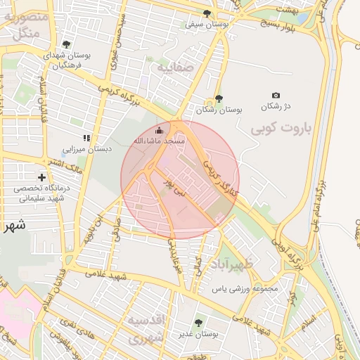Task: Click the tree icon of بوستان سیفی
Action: (206, 13)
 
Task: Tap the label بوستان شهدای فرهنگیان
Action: (66, 60)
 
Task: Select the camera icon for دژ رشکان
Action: (276, 95)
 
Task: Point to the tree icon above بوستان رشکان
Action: (219, 98)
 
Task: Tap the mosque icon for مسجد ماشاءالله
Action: (159, 130)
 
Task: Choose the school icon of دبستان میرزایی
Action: (86, 138)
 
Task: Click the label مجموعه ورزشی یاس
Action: (245, 288)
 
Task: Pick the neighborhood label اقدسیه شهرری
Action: (146, 328)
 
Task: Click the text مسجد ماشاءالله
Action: (159, 141)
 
